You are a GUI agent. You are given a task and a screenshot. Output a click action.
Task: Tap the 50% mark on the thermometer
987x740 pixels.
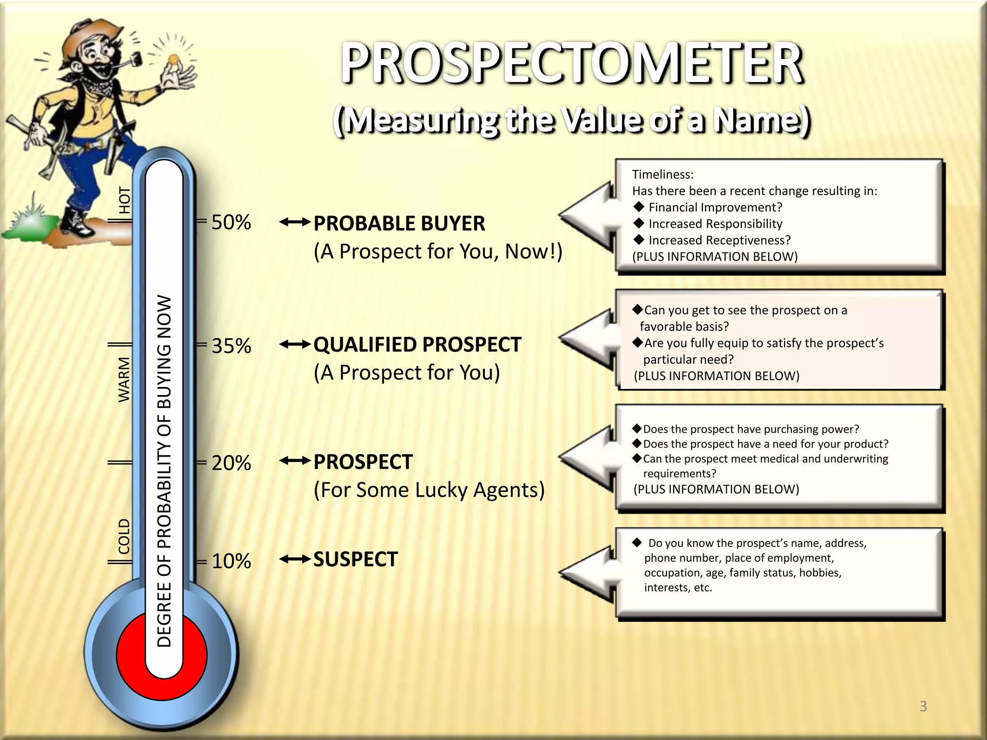click(x=231, y=223)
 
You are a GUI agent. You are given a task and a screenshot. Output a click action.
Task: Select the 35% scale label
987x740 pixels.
click(x=231, y=346)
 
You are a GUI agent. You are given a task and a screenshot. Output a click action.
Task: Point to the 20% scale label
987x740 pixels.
click(x=231, y=463)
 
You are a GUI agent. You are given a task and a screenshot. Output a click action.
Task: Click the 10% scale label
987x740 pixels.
click(x=231, y=561)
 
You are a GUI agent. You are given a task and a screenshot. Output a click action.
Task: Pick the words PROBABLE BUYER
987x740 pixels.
click(x=399, y=224)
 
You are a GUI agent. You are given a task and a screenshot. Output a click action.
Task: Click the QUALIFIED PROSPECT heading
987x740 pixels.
click(x=417, y=345)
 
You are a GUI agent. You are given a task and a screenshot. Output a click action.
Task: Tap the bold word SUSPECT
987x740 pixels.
click(x=356, y=559)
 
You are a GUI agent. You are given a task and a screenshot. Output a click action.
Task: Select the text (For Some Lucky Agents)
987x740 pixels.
click(x=429, y=490)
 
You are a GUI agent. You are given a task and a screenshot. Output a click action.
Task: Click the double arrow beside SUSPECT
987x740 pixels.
click(x=294, y=559)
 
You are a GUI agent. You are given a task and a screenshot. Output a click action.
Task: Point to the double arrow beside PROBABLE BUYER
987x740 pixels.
click(x=294, y=222)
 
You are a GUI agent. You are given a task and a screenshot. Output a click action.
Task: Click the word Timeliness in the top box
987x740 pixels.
click(x=663, y=174)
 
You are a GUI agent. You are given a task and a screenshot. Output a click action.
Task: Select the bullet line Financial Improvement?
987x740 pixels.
click(x=715, y=207)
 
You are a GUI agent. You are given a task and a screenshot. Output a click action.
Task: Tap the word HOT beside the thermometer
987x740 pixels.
click(x=124, y=200)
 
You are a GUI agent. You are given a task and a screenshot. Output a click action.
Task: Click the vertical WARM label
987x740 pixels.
click(x=124, y=380)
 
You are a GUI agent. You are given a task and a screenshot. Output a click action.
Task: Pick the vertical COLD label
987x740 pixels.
click(x=124, y=536)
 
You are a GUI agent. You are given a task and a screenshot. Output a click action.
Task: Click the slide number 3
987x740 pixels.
click(x=923, y=706)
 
